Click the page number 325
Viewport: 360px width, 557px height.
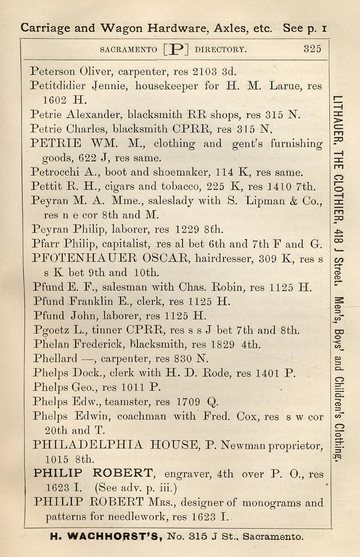point(312,49)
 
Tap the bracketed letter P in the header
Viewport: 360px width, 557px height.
point(176,49)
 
